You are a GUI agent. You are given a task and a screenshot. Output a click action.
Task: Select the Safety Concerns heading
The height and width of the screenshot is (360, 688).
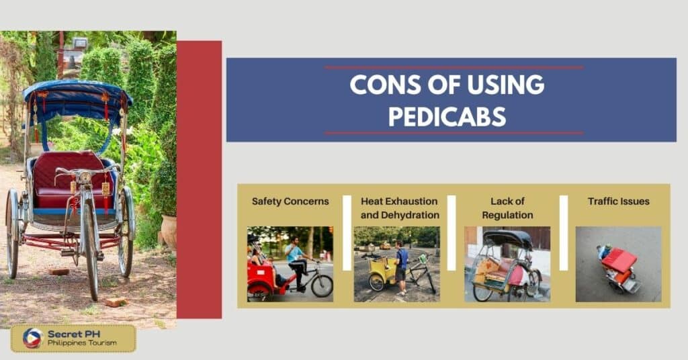(x=290, y=201)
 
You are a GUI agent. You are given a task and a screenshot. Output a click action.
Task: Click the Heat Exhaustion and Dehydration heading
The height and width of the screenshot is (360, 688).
(x=399, y=208)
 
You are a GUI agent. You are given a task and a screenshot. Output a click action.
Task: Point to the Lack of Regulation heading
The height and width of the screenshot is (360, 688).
(x=507, y=208)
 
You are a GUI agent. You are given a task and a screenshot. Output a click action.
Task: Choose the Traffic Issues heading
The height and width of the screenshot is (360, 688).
(x=618, y=201)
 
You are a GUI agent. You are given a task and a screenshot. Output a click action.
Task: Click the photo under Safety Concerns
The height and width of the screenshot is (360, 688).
(x=290, y=264)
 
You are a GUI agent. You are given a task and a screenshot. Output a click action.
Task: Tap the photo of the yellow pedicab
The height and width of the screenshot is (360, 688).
(x=396, y=264)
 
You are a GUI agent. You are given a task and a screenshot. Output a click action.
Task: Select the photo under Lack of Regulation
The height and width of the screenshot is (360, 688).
(x=507, y=264)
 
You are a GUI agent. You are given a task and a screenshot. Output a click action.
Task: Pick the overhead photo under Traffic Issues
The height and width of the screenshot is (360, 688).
(x=618, y=264)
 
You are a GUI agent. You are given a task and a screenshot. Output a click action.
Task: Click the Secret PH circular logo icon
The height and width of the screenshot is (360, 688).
(x=33, y=338)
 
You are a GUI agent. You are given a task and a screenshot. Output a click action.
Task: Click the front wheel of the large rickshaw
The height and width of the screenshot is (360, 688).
(x=91, y=249)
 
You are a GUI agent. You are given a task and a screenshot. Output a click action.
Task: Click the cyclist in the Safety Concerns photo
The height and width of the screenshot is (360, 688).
(x=296, y=259)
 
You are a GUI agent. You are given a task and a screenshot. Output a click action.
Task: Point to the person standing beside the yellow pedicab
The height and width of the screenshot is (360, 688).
(x=401, y=266)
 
